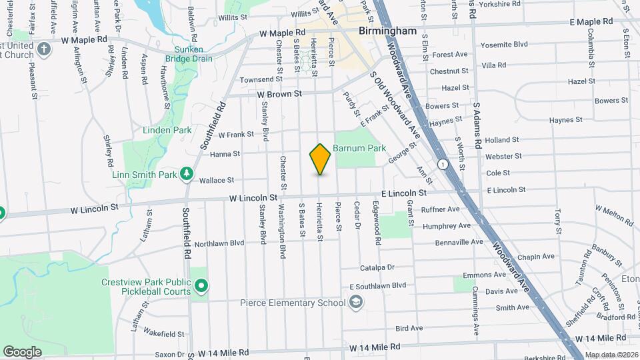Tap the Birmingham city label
(x=387, y=31)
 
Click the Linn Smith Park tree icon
(x=187, y=175)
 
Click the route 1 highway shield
(x=442, y=163)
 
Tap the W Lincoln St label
(x=253, y=198)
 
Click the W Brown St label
(x=280, y=94)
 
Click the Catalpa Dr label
(x=377, y=267)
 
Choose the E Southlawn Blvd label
(x=377, y=285)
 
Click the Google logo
(x=22, y=351)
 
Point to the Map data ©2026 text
(x=611, y=355)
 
